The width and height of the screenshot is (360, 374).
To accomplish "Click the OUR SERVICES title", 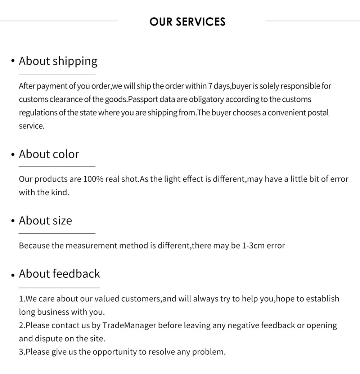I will pos(187,22).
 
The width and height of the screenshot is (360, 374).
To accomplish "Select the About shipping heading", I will pos(58,61).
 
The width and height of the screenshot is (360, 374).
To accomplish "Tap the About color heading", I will pos(49,154).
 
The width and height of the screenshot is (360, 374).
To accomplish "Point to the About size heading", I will pos(45,220).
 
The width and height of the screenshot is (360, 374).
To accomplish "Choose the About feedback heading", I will pos(59,274).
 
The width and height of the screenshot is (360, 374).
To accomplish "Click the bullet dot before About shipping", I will pos(13,62).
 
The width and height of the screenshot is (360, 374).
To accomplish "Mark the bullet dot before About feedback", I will pos(13,275).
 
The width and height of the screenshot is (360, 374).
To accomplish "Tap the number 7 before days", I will pos(210,86).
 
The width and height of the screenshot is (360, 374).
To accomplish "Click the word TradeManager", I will pos(129,325).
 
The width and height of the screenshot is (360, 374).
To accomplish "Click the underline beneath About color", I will pos(57,167).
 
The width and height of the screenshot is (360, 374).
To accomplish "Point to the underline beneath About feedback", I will pos(59,288).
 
